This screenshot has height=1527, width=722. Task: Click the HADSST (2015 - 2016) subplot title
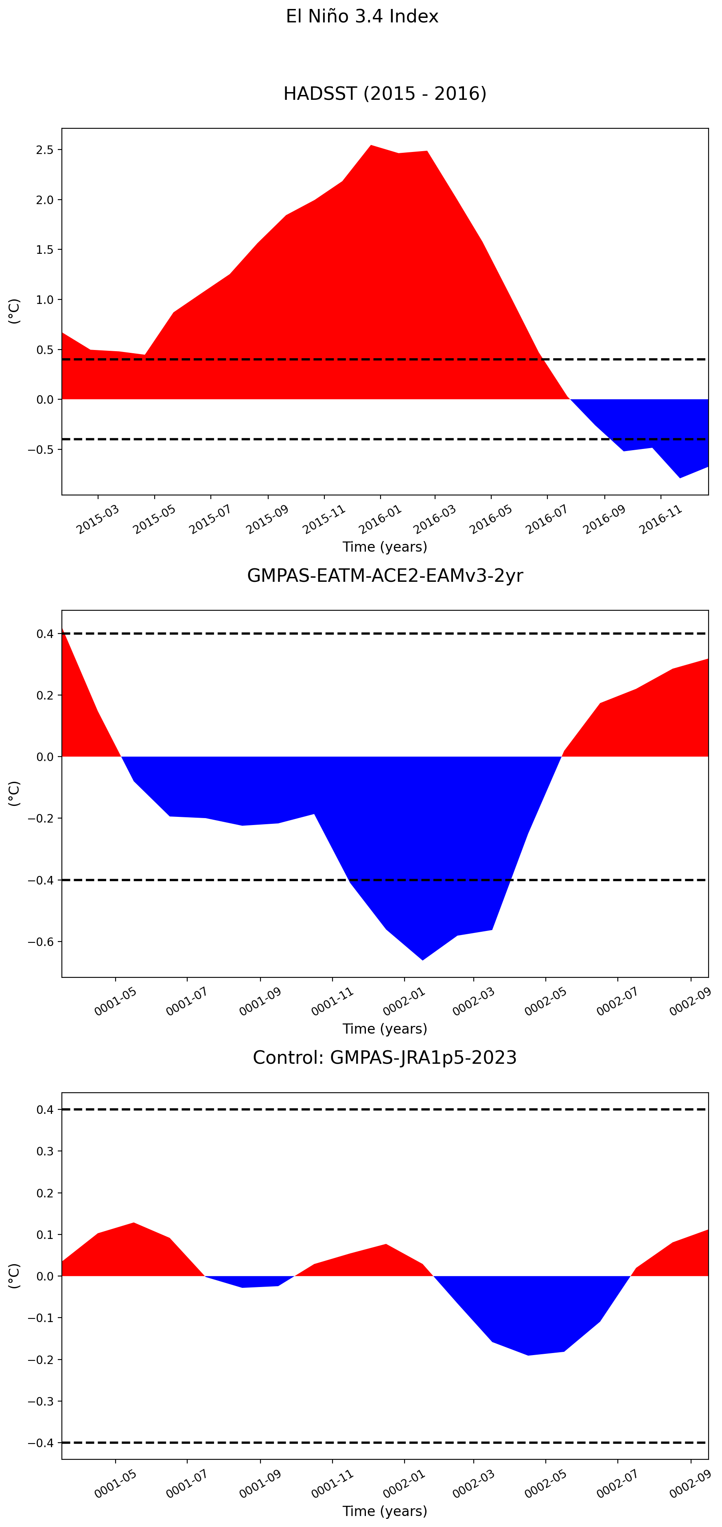[385, 94]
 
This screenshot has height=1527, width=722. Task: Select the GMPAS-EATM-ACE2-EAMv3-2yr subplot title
[385, 576]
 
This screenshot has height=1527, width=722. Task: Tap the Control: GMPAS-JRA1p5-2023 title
[385, 1058]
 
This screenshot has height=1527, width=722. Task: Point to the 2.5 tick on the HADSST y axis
[45, 150]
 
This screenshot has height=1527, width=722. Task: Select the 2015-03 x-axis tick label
[98, 519]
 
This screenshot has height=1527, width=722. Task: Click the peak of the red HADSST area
[371, 145]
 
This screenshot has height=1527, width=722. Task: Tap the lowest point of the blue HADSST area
[680, 478]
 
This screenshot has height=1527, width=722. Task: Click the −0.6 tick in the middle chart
[41, 942]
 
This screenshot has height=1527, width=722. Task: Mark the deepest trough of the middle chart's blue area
[422, 960]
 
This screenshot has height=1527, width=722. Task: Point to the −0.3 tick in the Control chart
[41, 1402]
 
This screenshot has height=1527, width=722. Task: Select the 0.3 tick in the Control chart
[45, 1151]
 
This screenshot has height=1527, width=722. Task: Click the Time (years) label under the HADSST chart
[385, 546]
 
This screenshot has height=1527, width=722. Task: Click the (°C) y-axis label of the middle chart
[14, 794]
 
